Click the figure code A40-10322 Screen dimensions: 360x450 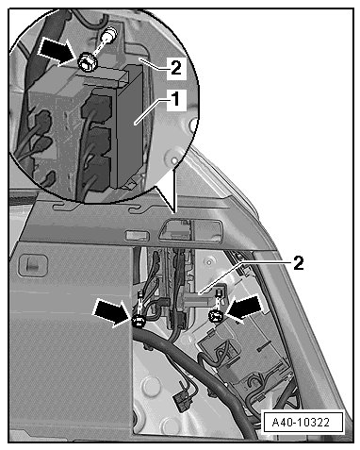pyautogui.click(x=301, y=422)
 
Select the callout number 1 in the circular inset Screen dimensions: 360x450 pyautogui.click(x=176, y=99)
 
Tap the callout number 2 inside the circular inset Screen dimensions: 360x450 pyautogui.click(x=176, y=67)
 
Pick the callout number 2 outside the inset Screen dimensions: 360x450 pyautogui.click(x=299, y=263)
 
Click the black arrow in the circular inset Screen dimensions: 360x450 pyautogui.click(x=57, y=52)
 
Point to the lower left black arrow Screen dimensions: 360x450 pyautogui.click(x=112, y=311)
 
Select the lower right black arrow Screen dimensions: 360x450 pyautogui.click(x=245, y=308)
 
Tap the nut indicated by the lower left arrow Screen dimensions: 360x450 pyautogui.click(x=139, y=322)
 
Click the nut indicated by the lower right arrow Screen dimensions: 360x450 pyautogui.click(x=216, y=315)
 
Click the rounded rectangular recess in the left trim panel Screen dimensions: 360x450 pyautogui.click(x=33, y=266)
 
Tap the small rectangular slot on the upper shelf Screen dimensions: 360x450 pyautogui.click(x=137, y=236)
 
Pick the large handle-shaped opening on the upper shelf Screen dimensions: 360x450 pyautogui.click(x=190, y=231)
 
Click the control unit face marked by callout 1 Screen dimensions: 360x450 pyautogui.click(x=129, y=125)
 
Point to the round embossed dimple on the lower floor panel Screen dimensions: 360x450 pyautogui.click(x=151, y=385)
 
